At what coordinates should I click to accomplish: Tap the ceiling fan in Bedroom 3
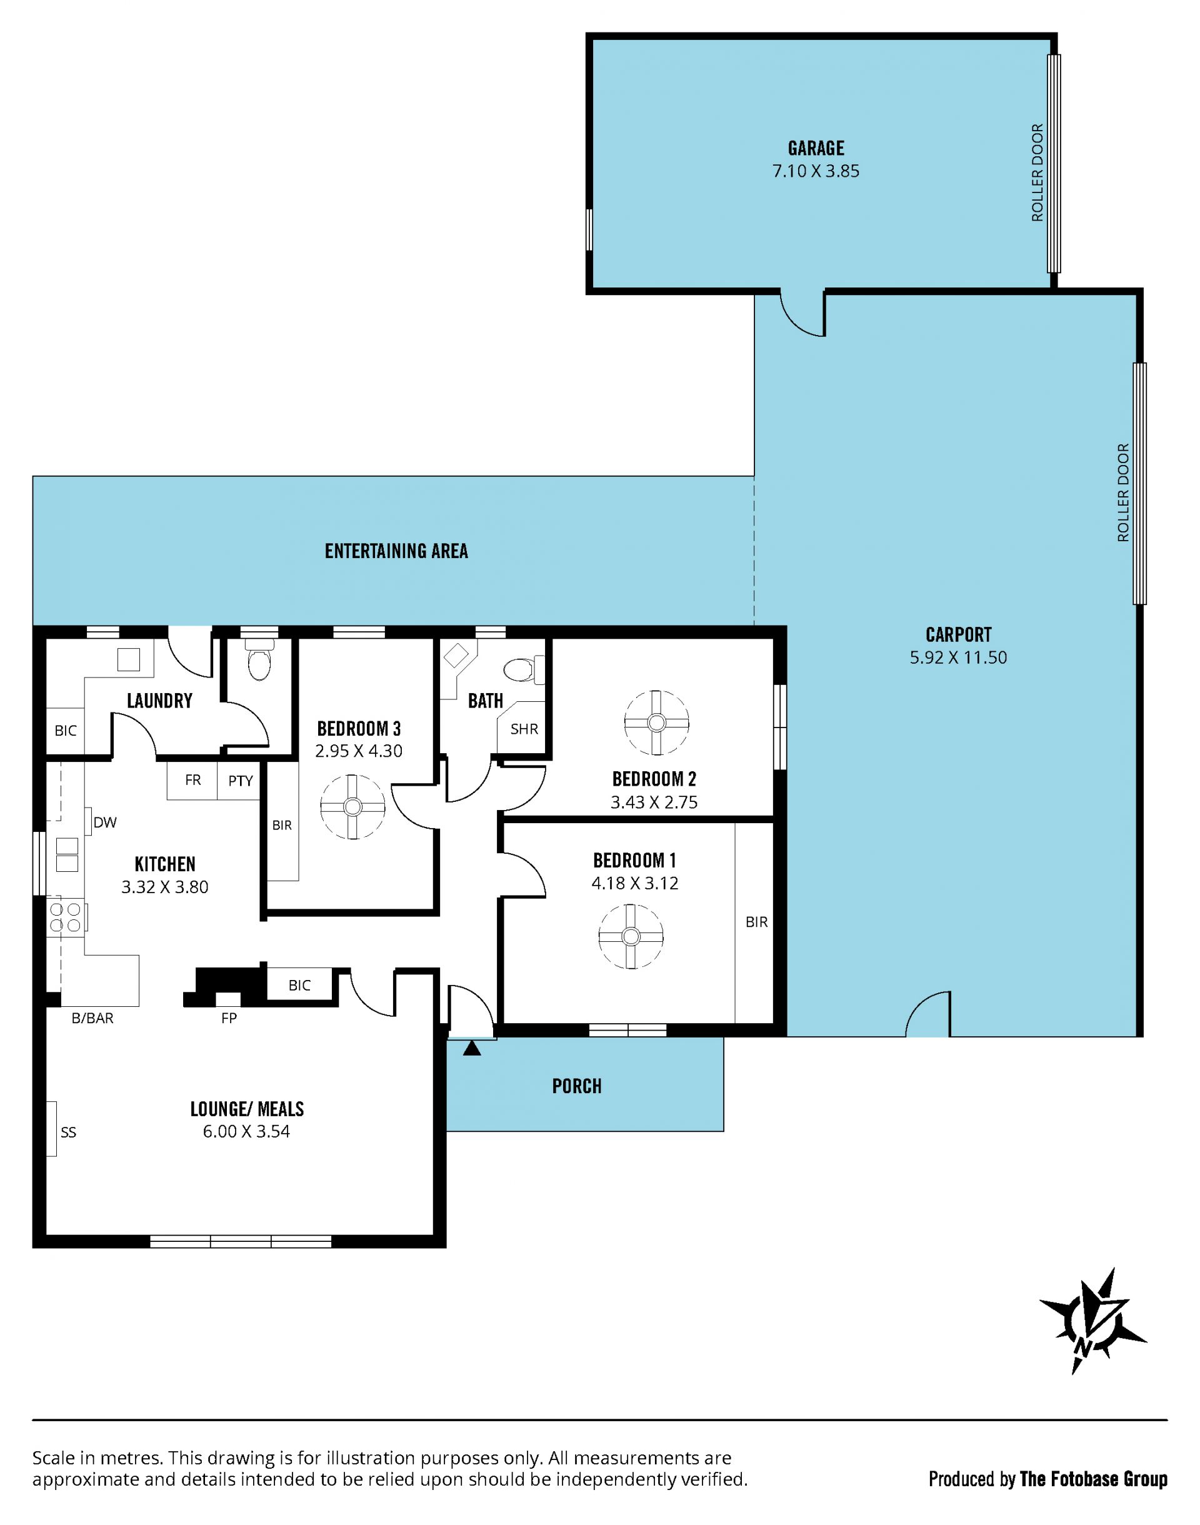(352, 806)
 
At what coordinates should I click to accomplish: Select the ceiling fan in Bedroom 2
(656, 722)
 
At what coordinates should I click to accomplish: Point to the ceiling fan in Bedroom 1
(631, 936)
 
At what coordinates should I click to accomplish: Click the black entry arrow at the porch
(472, 1048)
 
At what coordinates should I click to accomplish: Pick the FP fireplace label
(229, 1018)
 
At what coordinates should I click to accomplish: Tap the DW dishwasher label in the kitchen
(104, 822)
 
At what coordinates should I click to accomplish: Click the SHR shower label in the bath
(524, 729)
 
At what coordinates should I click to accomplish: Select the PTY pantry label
(240, 781)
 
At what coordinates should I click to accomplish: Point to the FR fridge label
(192, 780)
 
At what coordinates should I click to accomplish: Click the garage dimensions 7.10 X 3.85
(816, 171)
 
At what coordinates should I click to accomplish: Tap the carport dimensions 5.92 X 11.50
(958, 657)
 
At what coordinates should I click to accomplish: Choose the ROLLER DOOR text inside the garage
(1037, 172)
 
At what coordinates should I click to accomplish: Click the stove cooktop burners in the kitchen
(66, 917)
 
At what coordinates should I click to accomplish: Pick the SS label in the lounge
(68, 1132)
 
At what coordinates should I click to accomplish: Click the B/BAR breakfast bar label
(92, 1018)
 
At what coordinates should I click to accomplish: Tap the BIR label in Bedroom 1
(757, 922)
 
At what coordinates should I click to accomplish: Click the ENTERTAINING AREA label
(396, 551)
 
